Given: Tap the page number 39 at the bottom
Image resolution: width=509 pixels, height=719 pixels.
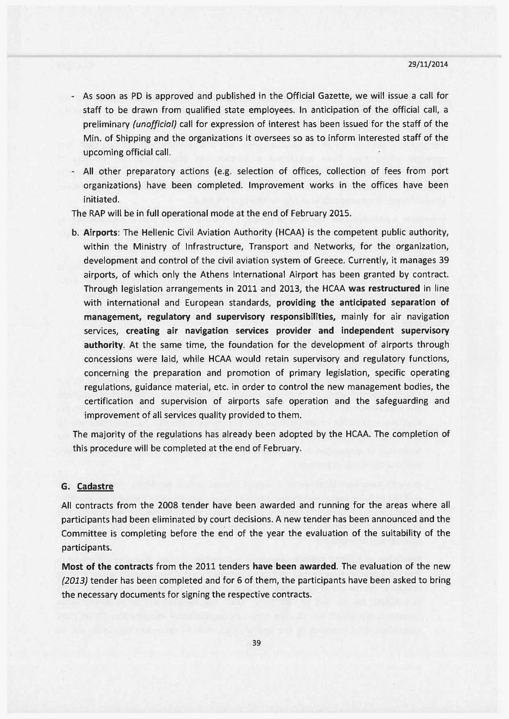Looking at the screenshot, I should click(257, 643).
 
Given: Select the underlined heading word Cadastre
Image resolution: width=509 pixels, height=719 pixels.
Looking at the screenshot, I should click(95, 487).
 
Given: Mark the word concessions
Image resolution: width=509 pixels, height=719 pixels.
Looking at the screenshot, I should click(107, 359).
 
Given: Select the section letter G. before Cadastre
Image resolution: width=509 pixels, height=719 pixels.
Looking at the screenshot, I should click(65, 487).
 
